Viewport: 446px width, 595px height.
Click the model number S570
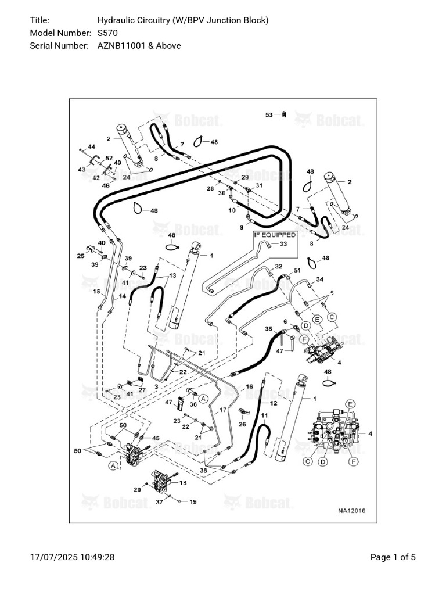[x=107, y=33]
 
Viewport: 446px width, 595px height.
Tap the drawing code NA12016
[x=352, y=511]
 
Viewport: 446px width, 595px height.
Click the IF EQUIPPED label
[x=274, y=235]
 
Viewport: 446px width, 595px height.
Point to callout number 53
[x=269, y=115]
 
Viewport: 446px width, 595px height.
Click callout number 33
[x=283, y=244]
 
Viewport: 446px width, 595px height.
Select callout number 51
[x=297, y=271]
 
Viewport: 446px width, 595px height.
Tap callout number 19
[x=194, y=501]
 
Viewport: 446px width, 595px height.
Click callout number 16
[x=249, y=386]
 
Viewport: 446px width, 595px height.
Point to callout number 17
[x=222, y=410]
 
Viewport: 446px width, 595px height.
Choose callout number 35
[x=268, y=329]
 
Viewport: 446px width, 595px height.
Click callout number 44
[x=91, y=146]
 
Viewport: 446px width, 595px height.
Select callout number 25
[x=81, y=255]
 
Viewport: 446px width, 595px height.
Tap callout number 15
[x=97, y=291]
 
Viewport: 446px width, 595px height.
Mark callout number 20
[x=137, y=489]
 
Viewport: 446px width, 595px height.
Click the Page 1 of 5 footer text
[x=393, y=557]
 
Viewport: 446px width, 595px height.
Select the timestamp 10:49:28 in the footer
[x=95, y=557]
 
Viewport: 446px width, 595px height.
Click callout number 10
[x=232, y=210]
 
